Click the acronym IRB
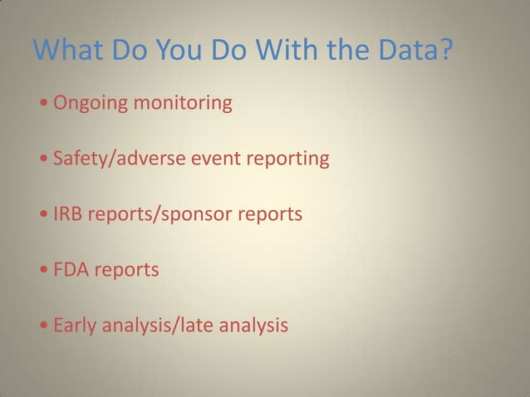click(68, 214)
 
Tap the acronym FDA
click(70, 270)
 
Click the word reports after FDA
click(125, 270)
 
